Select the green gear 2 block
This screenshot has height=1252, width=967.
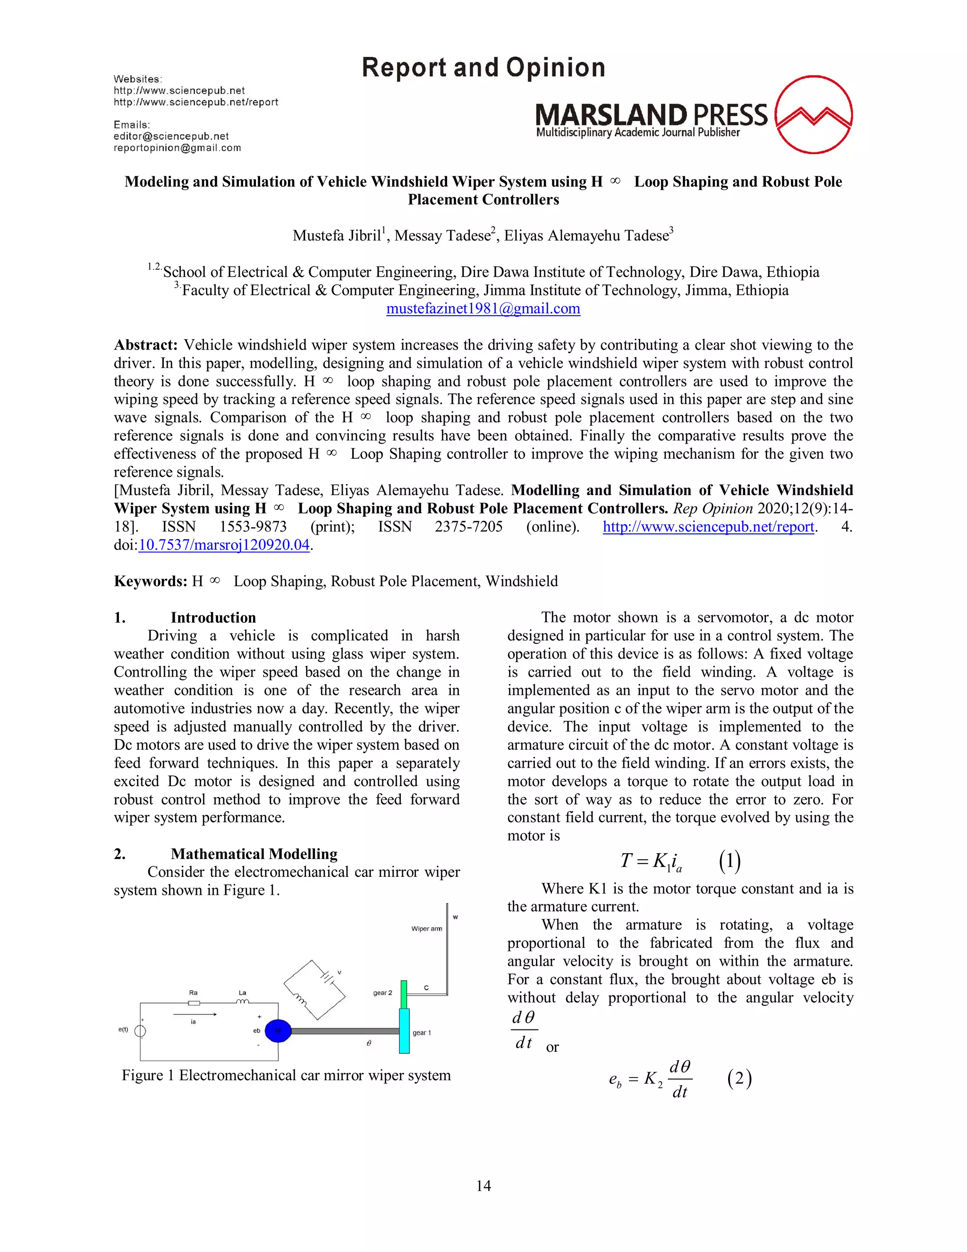click(404, 995)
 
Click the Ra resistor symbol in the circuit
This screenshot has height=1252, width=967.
click(194, 1003)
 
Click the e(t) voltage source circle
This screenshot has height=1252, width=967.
click(140, 1031)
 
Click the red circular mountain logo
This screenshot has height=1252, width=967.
click(814, 115)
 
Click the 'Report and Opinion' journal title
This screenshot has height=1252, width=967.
click(483, 68)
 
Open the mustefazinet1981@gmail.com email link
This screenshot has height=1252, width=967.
click(483, 309)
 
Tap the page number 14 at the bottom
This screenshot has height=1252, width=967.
click(483, 1185)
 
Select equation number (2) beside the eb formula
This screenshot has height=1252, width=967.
click(739, 1079)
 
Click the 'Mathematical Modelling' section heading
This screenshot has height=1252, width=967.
click(254, 854)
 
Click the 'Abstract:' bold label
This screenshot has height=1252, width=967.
click(146, 345)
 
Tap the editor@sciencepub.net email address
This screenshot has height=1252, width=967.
click(171, 137)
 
